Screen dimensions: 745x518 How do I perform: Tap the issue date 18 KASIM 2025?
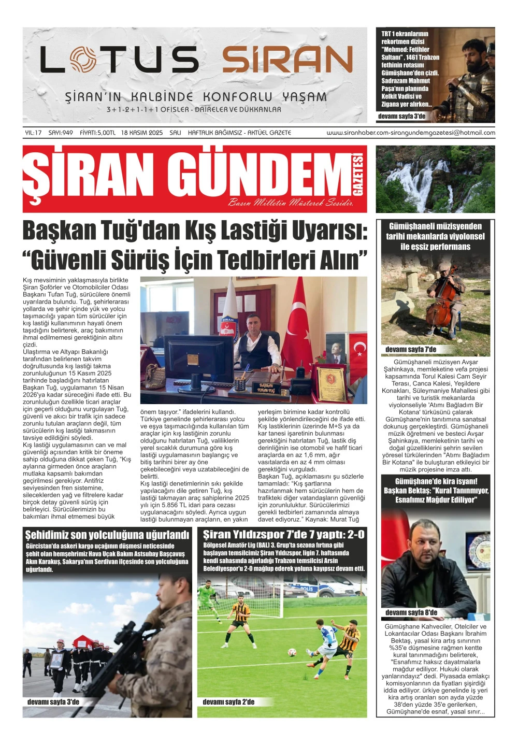pyautogui.click(x=142, y=133)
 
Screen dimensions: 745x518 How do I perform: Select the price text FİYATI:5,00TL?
pyautogui.click(x=97, y=133)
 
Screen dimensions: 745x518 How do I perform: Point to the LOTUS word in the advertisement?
pyautogui.click(x=119, y=60)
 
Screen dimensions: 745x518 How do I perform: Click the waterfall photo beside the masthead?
pyautogui.click(x=435, y=179)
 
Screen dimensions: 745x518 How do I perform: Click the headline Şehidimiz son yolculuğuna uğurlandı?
pyautogui.click(x=107, y=535)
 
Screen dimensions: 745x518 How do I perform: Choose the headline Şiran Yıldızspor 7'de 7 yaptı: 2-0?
pyautogui.click(x=283, y=535)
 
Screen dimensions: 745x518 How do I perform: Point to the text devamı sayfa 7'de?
pyautogui.click(x=411, y=349)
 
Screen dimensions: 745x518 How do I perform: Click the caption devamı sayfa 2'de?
pyautogui.click(x=228, y=702)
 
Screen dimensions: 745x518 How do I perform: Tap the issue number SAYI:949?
pyautogui.click(x=61, y=133)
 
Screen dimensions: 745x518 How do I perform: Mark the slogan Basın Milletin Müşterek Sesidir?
pyautogui.click(x=291, y=203)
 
